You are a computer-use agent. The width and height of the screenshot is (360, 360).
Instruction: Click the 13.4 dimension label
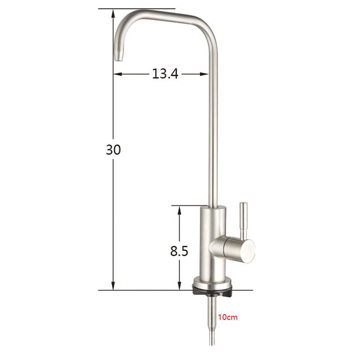[165, 74]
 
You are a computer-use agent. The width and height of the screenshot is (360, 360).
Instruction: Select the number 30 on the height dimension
[114, 150]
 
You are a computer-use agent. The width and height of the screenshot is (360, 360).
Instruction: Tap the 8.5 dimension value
[179, 251]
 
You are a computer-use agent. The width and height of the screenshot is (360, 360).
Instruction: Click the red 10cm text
[228, 317]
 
